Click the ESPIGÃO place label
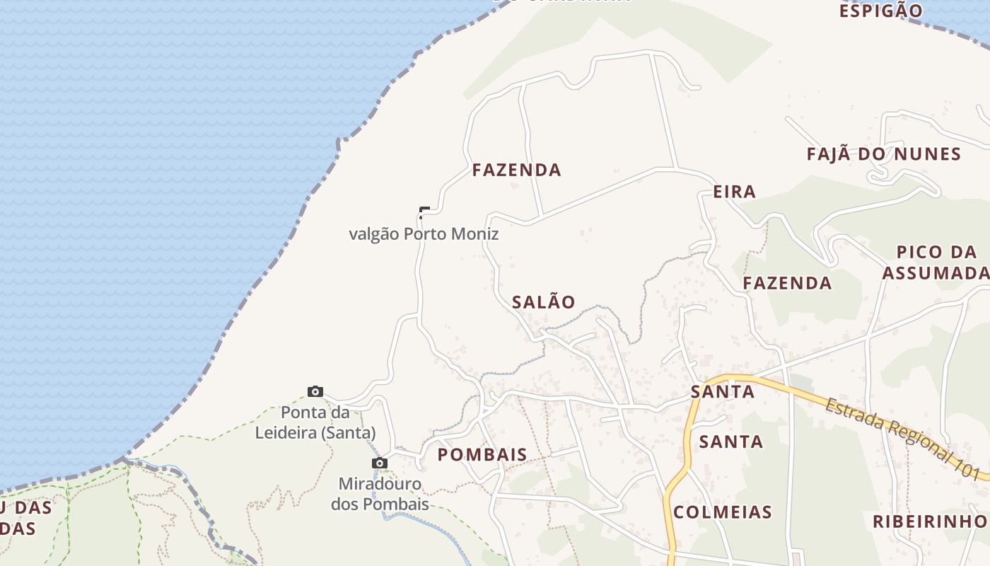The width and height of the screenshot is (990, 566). pyautogui.click(x=880, y=11)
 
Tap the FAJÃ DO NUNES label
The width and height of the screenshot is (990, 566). pyautogui.click(x=884, y=154)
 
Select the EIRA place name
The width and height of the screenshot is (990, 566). pyautogui.click(x=735, y=192)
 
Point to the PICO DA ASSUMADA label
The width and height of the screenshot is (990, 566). pyautogui.click(x=936, y=262)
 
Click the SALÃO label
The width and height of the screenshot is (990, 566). pyautogui.click(x=543, y=302)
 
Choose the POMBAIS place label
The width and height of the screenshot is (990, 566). pyautogui.click(x=482, y=455)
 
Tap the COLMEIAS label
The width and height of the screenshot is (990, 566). pyautogui.click(x=722, y=512)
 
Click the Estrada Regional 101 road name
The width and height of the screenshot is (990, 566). pyautogui.click(x=905, y=439)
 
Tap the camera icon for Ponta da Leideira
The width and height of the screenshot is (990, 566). pyautogui.click(x=315, y=392)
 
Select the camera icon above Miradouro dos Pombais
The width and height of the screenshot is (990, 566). pyautogui.click(x=380, y=463)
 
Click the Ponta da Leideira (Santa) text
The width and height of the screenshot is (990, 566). pyautogui.click(x=315, y=422)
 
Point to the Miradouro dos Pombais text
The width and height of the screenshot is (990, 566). pyautogui.click(x=380, y=495)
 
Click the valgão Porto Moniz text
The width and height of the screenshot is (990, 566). pyautogui.click(x=424, y=234)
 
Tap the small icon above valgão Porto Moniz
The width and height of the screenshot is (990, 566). pyautogui.click(x=424, y=212)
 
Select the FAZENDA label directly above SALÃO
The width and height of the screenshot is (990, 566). pyautogui.click(x=516, y=171)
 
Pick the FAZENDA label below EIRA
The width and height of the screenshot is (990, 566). pyautogui.click(x=787, y=284)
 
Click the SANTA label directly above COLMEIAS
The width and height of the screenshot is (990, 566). pyautogui.click(x=731, y=442)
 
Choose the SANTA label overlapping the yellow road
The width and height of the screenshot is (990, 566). pyautogui.click(x=722, y=391)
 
